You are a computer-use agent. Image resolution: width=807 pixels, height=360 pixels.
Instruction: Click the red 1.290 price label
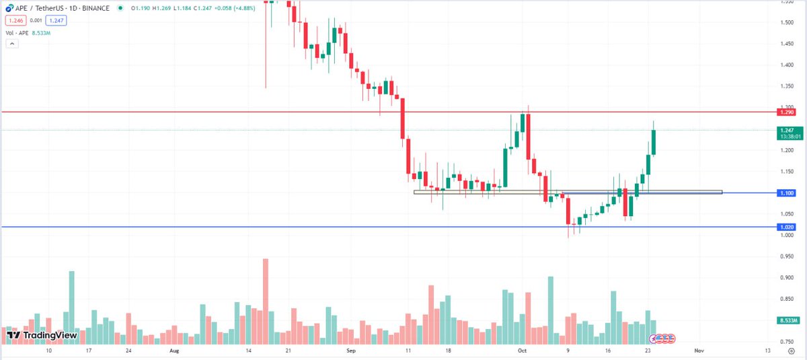tap(785, 112)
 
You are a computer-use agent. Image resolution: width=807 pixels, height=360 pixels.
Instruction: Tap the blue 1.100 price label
tap(785, 193)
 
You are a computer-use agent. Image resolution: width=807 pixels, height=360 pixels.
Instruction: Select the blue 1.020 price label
tap(785, 227)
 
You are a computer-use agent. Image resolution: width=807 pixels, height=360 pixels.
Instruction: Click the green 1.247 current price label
tap(785, 131)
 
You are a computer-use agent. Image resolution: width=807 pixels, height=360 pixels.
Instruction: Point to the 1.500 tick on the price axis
tap(785, 22)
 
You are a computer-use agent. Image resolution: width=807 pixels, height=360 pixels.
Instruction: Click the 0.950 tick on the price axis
tap(785, 256)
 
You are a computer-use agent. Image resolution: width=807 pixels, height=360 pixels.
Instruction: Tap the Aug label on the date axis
tap(174, 351)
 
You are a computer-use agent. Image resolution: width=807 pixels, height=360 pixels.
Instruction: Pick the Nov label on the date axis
tap(699, 351)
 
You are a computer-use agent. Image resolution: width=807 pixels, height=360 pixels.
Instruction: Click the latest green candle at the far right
tap(654, 141)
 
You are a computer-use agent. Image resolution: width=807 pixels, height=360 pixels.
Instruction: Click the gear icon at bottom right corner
tap(792, 351)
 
